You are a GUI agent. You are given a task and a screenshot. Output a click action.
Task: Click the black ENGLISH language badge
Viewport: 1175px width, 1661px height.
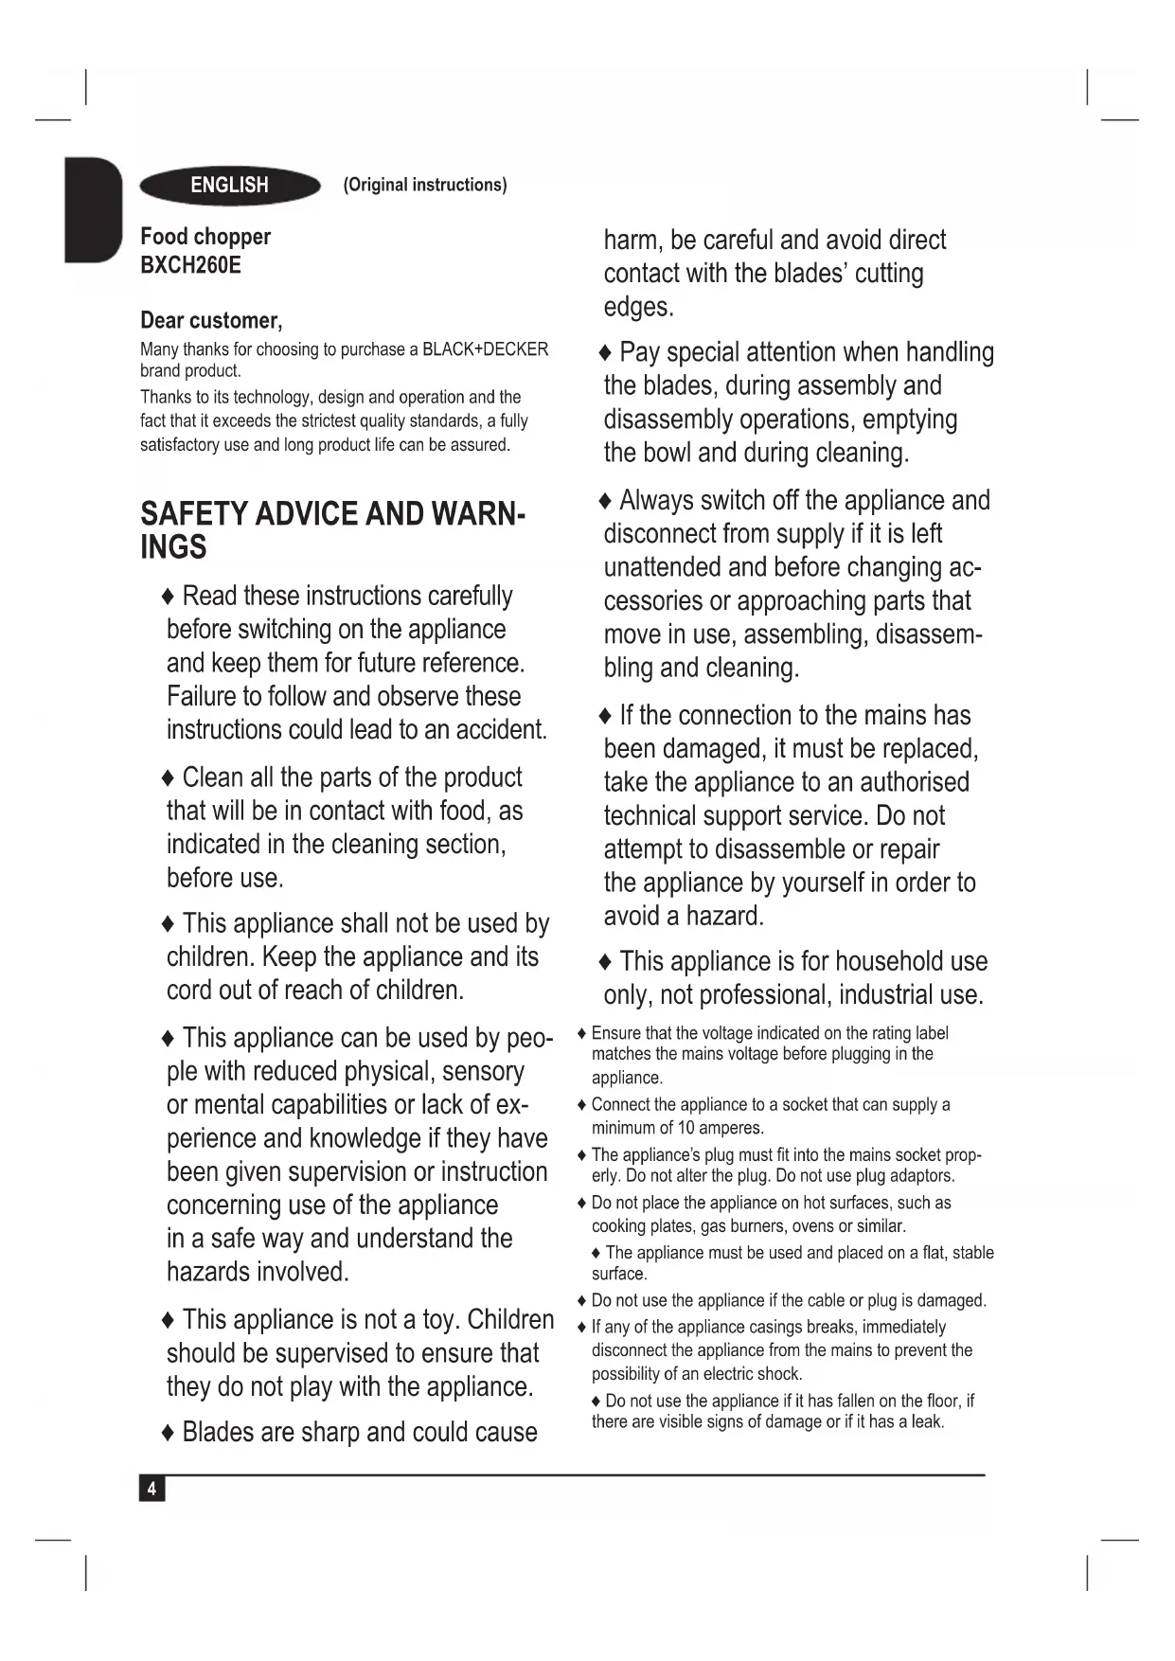(x=229, y=186)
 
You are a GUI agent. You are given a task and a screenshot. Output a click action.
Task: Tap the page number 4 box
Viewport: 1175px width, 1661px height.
(x=151, y=1489)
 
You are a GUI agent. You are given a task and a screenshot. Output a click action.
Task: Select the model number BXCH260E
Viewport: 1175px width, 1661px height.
(x=190, y=265)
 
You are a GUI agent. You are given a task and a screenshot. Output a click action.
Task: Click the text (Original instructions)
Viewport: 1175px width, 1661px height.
(x=425, y=185)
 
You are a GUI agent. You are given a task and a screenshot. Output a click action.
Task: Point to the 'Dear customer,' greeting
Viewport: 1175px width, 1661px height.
(x=211, y=320)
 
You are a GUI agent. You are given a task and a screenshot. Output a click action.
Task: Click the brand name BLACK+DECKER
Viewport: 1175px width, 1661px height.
(x=485, y=349)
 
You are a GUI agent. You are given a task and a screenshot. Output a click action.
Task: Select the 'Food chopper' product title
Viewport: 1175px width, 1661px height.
(x=205, y=237)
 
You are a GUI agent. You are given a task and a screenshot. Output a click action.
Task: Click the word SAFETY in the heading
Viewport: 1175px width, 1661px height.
(x=194, y=514)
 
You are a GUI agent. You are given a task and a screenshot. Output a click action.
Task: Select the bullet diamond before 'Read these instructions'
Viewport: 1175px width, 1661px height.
(x=169, y=597)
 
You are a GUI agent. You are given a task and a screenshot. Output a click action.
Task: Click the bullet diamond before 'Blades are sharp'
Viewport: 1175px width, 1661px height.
(x=169, y=1433)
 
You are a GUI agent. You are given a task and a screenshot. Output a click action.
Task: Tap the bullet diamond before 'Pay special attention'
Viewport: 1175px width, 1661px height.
(x=606, y=353)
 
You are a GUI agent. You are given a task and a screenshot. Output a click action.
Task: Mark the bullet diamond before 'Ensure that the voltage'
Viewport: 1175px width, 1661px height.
(x=582, y=1034)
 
